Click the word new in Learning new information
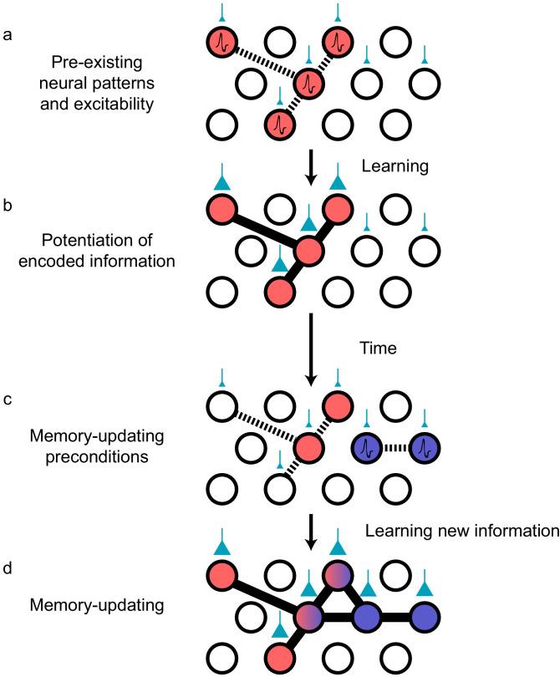tap(442, 528)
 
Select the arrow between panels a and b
tap(310, 166)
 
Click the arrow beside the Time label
tap(310, 351)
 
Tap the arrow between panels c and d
tap(310, 531)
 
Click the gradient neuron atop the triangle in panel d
tap(338, 577)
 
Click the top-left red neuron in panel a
tap(223, 39)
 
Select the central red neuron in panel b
tap(309, 250)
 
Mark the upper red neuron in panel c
tap(338, 403)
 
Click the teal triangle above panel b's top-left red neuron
tap(223, 178)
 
